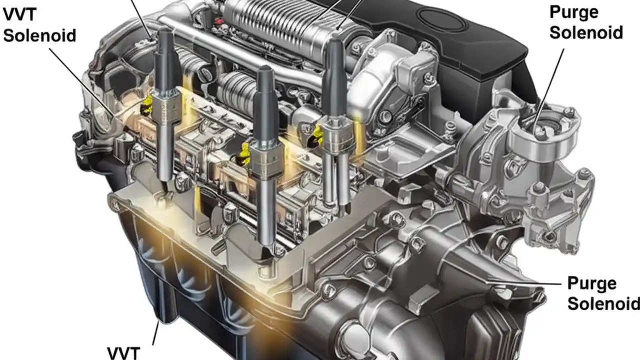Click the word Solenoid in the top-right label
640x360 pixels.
click(x=586, y=32)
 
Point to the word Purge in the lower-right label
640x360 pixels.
click(x=592, y=283)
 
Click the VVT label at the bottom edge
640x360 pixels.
click(x=123, y=352)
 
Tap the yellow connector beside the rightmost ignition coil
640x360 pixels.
click(x=317, y=135)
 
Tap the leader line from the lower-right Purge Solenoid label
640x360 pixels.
click(x=530, y=283)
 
